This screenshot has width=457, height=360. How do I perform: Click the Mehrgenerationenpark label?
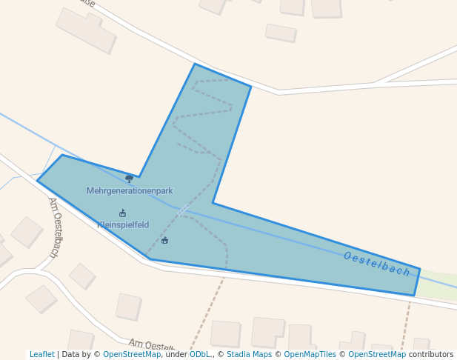[x=130, y=191]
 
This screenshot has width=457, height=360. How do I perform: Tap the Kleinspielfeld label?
[x=123, y=225]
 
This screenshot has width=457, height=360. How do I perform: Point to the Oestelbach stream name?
[x=376, y=264]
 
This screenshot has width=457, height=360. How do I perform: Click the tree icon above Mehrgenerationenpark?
[x=129, y=178]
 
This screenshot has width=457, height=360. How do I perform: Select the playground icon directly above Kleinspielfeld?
[x=123, y=213]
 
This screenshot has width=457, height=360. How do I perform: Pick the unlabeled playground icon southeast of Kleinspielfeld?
[x=164, y=240]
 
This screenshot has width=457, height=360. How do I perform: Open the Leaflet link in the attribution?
[x=41, y=355]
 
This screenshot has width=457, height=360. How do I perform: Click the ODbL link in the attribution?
[x=200, y=355]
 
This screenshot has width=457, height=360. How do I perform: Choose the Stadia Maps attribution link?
[x=250, y=355]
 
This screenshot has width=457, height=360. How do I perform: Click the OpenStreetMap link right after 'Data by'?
[x=132, y=355]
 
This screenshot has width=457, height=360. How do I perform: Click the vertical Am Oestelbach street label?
[x=53, y=227]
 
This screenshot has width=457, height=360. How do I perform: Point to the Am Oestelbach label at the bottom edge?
[x=151, y=345]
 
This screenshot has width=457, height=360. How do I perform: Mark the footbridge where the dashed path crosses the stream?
[x=182, y=210]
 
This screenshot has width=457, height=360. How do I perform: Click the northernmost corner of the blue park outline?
[x=195, y=64]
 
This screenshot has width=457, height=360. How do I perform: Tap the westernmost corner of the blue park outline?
[x=38, y=181]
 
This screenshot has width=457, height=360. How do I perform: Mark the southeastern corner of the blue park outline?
[x=414, y=296]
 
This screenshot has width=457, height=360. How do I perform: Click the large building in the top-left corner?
[x=86, y=30]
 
